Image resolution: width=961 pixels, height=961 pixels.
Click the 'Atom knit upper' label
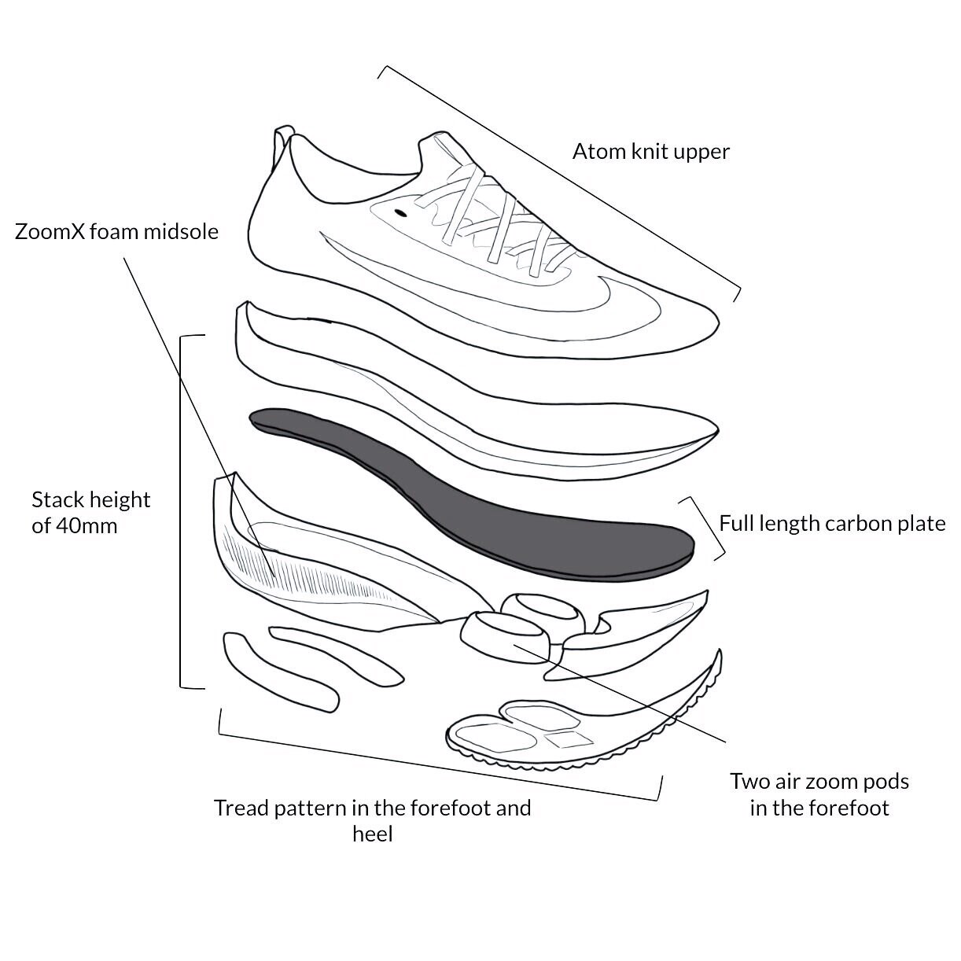click(650, 151)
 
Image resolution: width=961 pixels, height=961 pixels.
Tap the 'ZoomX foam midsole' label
click(116, 232)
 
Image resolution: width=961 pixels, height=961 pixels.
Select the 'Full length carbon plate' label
click(832, 524)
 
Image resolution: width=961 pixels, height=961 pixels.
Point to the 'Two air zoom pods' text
click(819, 782)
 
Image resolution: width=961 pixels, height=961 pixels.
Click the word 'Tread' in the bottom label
click(241, 808)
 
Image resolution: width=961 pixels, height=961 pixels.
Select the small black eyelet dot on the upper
click(400, 212)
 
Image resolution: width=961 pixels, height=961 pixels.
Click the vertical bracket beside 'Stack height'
click(182, 511)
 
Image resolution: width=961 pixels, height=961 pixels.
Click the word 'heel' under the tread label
click(372, 834)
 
